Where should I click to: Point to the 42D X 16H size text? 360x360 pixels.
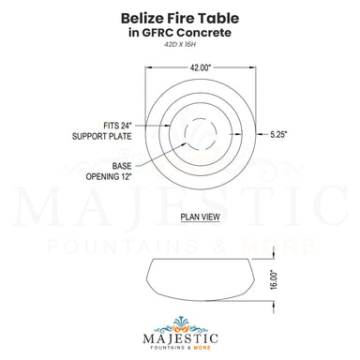180,51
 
